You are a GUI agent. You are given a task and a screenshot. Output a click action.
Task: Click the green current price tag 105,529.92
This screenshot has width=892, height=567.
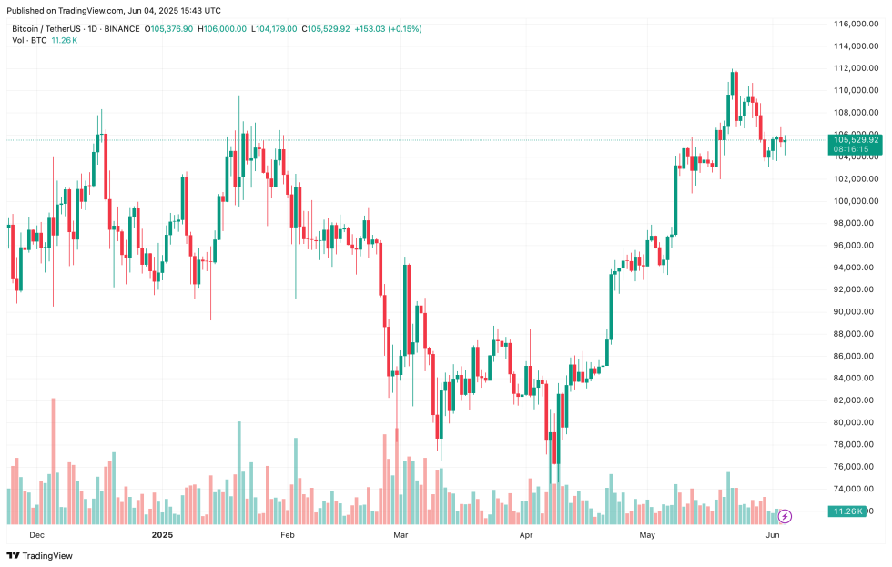854,139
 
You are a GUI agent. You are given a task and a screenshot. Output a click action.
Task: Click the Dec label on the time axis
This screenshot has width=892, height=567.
37,535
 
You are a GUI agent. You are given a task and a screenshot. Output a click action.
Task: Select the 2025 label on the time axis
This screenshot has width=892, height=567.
161,535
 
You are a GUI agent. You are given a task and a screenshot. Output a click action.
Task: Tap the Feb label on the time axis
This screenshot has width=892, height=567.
287,535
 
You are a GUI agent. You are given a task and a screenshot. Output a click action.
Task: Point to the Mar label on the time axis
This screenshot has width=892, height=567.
400,535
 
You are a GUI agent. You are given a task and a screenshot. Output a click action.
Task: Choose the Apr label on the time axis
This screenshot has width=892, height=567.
525,535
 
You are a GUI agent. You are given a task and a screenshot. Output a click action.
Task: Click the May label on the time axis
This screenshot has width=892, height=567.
646,535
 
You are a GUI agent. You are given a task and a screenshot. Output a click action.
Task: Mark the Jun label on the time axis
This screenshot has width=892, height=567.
772,535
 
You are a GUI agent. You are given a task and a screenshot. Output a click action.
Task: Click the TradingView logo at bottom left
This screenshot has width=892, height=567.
40,555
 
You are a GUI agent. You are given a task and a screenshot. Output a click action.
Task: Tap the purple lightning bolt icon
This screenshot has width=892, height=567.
786,516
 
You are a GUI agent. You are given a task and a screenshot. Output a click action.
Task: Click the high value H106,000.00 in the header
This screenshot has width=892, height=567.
222,29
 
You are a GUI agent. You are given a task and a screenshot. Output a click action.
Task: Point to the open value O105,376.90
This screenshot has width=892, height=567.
170,29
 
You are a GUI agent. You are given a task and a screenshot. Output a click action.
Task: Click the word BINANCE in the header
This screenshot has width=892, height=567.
122,29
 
